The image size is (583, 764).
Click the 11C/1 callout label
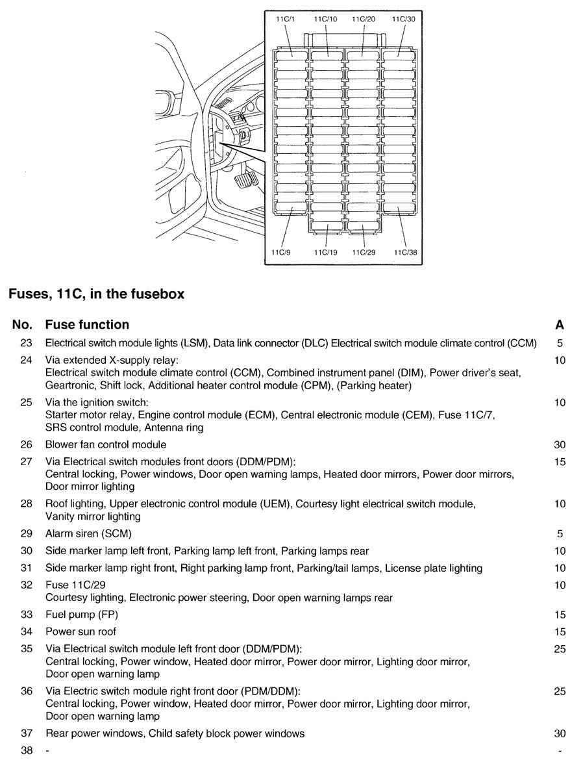click(x=286, y=19)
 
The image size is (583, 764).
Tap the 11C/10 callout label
click(x=325, y=19)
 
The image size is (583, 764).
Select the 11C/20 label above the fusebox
click(x=364, y=19)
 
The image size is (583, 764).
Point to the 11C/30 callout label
click(x=403, y=19)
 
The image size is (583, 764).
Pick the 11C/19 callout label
click(x=325, y=252)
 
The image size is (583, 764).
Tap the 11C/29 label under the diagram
click(x=364, y=252)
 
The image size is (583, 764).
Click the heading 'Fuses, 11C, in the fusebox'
click(x=96, y=294)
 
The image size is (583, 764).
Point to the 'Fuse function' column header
click(x=87, y=324)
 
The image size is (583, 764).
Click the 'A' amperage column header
click(x=560, y=324)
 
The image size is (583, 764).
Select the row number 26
click(x=26, y=445)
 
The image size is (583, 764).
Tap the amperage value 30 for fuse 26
click(x=560, y=445)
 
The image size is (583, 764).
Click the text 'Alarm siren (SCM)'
click(x=88, y=534)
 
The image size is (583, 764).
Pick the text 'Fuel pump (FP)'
click(x=82, y=615)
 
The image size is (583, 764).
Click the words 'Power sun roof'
click(x=81, y=631)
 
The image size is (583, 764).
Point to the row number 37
click(x=26, y=733)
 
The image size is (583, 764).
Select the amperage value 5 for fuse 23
click(x=560, y=342)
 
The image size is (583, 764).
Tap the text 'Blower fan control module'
click(x=106, y=445)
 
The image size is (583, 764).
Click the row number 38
click(x=26, y=750)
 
